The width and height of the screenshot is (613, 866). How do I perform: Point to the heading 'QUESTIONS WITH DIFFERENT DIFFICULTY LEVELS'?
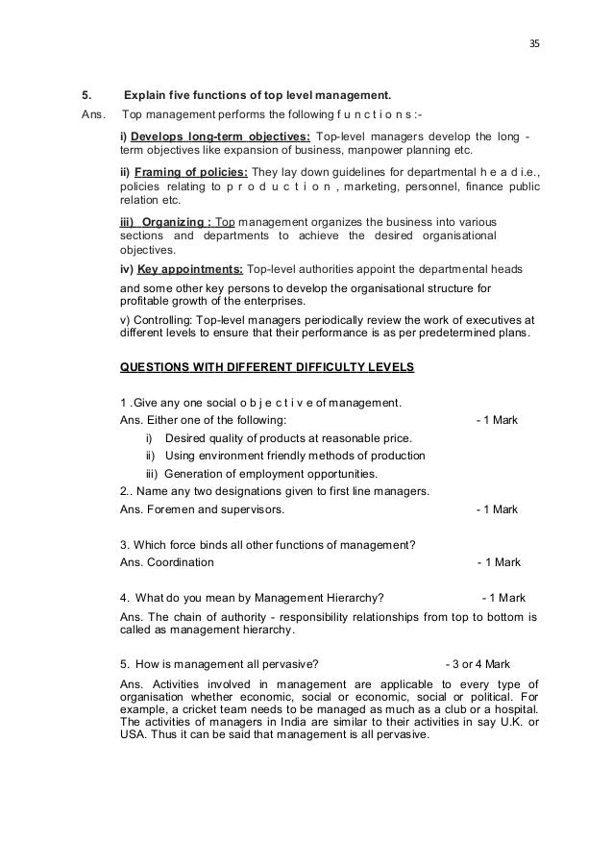(268, 367)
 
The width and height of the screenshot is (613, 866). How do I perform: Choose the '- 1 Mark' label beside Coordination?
(499, 562)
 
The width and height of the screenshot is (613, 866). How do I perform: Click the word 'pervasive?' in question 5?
(290, 664)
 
